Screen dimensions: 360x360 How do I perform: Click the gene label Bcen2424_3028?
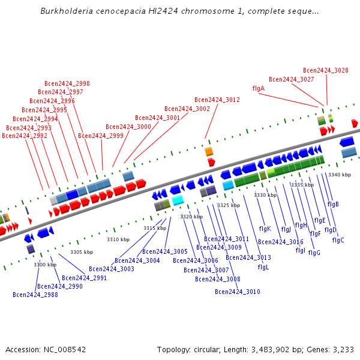[x=325, y=70]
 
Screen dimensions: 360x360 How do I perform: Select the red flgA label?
[x=258, y=88]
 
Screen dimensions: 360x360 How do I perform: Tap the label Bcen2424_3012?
[x=217, y=100]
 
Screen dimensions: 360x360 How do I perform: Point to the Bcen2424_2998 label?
[x=67, y=83]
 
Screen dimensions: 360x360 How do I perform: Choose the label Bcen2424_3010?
[x=238, y=292]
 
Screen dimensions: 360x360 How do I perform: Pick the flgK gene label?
[x=265, y=229]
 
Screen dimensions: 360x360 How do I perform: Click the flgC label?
[x=338, y=240]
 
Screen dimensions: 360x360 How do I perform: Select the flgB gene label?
[x=333, y=204]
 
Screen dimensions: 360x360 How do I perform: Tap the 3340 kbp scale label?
[x=339, y=175]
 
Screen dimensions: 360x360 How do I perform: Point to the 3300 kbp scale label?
[x=45, y=265]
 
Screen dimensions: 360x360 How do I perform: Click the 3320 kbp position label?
[x=191, y=216]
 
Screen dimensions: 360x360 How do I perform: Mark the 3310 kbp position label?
[x=118, y=239]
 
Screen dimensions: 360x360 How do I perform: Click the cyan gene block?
[x=178, y=200]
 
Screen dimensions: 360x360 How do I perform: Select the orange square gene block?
[x=209, y=151]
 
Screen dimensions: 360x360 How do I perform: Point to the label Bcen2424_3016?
[x=280, y=242]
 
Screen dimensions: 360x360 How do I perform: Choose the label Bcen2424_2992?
[x=25, y=136]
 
